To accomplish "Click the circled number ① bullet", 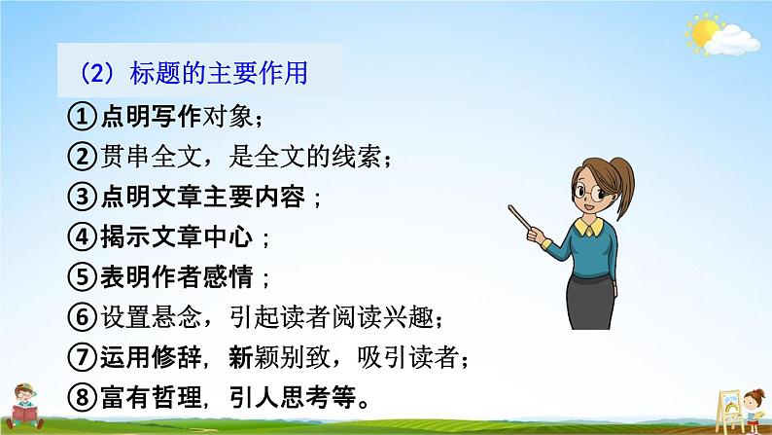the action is pyautogui.click(x=82, y=117).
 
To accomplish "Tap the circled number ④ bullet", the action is pyautogui.click(x=82, y=236).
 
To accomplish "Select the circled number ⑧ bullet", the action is pyautogui.click(x=82, y=397).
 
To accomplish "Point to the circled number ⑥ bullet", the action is pyautogui.click(x=82, y=317).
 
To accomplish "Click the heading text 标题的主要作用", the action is pyautogui.click(x=219, y=73).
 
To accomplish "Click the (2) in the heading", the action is pyautogui.click(x=97, y=73).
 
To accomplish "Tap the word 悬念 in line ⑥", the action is pyautogui.click(x=177, y=317).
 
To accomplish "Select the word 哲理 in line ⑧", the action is pyautogui.click(x=177, y=397).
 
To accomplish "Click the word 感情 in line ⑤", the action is pyautogui.click(x=228, y=277).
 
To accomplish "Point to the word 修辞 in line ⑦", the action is pyautogui.click(x=177, y=357).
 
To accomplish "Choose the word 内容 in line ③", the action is pyautogui.click(x=279, y=197).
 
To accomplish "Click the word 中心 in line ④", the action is pyautogui.click(x=228, y=236).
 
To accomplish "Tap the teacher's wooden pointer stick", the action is pyautogui.click(x=520, y=217).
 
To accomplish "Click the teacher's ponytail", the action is pyautogui.click(x=623, y=186).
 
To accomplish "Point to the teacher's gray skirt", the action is pyautogui.click(x=590, y=302).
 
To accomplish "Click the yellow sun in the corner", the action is pyautogui.click(x=704, y=32).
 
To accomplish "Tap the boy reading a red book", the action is pyautogui.click(x=24, y=406).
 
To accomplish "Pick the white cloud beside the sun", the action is pyautogui.click(x=731, y=41).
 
